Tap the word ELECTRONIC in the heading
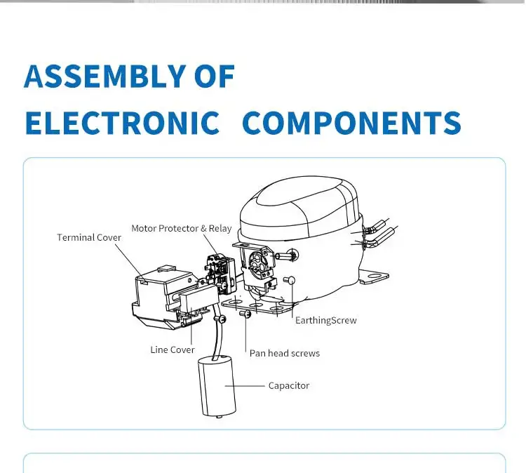click(121, 124)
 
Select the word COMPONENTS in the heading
click(351, 124)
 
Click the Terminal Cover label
click(89, 237)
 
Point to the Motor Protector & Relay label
click(181, 229)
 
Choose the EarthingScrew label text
click(325, 321)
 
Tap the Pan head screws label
click(284, 353)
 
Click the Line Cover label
click(172, 349)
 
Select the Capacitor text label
click(288, 385)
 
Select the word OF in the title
click(215, 76)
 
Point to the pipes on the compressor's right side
click(377, 234)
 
